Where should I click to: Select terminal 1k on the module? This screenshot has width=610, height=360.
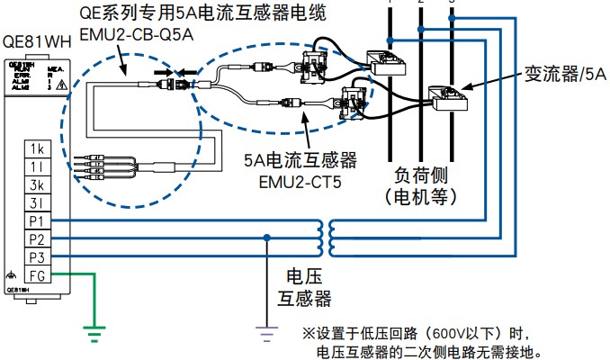[37, 148]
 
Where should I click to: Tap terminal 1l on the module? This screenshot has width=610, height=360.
[37, 166]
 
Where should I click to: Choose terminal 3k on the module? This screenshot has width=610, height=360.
[37, 184]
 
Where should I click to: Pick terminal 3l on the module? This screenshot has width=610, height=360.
[37, 202]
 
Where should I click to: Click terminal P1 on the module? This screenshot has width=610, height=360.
[37, 221]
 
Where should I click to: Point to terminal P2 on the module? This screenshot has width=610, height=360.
[37, 239]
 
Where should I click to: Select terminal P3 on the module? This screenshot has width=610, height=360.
[37, 257]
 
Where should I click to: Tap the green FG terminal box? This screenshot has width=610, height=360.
[37, 275]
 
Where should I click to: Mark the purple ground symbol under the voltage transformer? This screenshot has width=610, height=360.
[266, 335]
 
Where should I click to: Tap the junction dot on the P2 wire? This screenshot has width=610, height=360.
[266, 238]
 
